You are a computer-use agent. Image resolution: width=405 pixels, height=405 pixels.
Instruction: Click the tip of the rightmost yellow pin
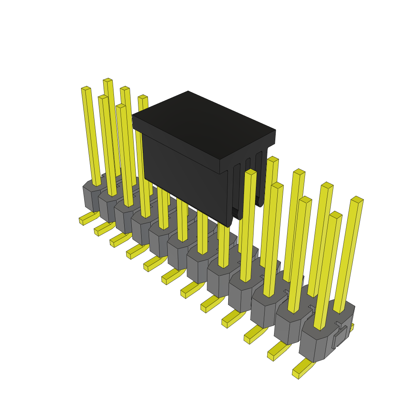[x=357, y=199]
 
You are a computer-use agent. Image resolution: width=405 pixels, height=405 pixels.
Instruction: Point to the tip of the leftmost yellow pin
[x=86, y=88]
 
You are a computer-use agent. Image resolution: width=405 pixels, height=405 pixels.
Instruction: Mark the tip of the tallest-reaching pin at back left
[x=108, y=80]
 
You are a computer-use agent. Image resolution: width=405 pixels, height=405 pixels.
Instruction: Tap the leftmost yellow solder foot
[x=87, y=219]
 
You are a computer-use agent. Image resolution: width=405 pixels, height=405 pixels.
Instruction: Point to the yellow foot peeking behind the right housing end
[x=351, y=327]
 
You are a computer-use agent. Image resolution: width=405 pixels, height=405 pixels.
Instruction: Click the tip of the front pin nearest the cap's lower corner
[x=251, y=172]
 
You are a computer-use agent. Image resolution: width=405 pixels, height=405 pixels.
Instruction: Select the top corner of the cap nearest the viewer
[x=220, y=160]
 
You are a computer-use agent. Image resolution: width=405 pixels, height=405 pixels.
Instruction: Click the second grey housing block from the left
[x=108, y=208]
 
